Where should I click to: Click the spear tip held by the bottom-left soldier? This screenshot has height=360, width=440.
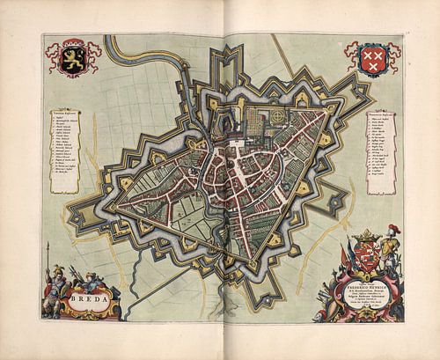point(48,255)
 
